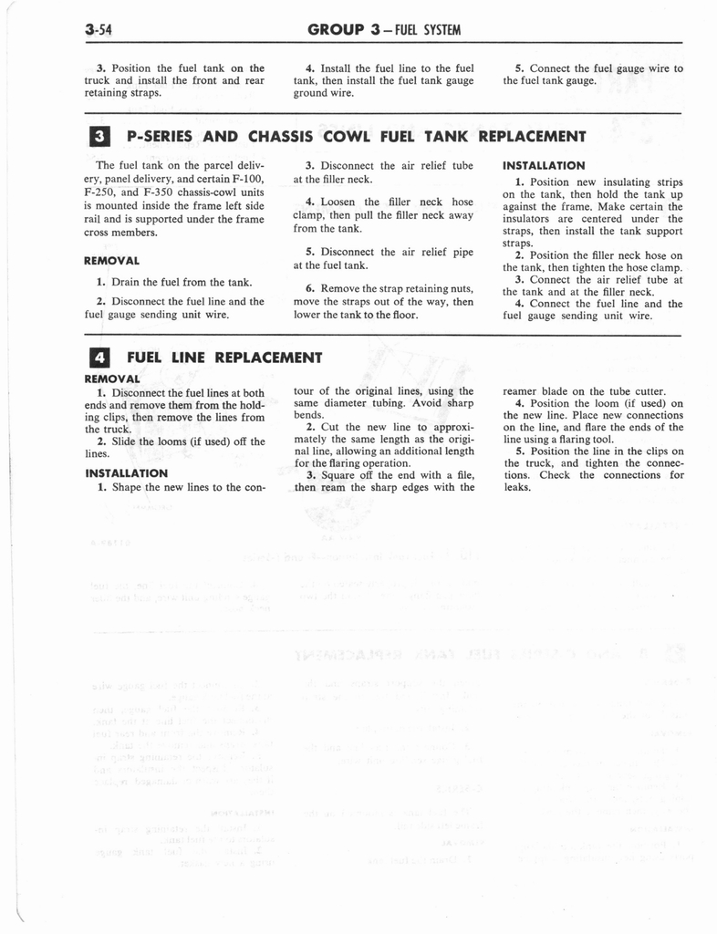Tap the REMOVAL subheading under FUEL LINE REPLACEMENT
pos(111,378)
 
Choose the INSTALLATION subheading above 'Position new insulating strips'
pos(544,166)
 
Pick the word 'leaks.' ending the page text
pos(516,487)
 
